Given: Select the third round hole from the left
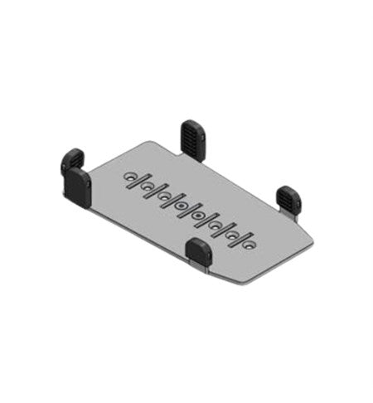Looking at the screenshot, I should pyautogui.click(x=166, y=195).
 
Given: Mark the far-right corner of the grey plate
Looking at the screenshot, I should pyautogui.click(x=315, y=245).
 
